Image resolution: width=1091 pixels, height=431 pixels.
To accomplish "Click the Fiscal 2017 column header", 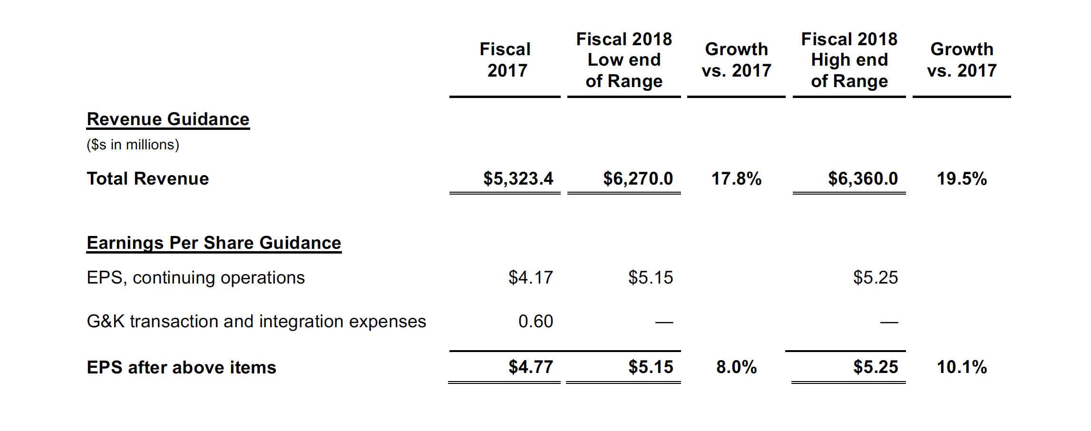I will tap(505, 60).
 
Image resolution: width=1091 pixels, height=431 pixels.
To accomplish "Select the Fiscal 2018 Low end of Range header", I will tap(624, 60).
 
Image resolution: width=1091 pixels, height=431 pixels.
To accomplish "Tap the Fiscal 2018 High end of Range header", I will tap(849, 60).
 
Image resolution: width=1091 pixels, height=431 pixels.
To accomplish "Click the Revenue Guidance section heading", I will tap(168, 119).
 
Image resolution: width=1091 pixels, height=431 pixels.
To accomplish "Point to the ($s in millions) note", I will tap(133, 145).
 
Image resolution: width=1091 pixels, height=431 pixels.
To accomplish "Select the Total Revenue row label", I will tap(147, 179).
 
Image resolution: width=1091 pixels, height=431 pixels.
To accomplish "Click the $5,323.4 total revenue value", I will tap(518, 179).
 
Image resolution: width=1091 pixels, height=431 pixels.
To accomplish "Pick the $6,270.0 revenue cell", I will tap(638, 179).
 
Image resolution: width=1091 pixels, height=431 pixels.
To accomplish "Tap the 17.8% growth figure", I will tap(736, 179).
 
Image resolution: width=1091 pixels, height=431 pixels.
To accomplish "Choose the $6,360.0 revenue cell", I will tap(863, 179).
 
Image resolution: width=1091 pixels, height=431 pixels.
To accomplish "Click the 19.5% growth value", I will tap(962, 179).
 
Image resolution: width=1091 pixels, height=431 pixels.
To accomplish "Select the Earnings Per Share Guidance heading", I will tap(214, 243).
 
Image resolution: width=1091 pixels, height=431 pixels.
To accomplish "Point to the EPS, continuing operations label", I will tap(195, 278).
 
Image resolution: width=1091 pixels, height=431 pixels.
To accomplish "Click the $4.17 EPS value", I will tap(530, 278).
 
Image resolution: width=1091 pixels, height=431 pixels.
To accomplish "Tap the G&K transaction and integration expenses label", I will tap(256, 322).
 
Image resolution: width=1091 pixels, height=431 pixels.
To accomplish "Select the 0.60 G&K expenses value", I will tap(536, 322).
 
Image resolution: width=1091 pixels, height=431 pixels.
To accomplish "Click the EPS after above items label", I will tap(181, 367).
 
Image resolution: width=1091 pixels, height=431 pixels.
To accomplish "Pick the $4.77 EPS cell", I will tap(530, 367).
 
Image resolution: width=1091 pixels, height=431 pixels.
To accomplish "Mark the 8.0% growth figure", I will tap(736, 367).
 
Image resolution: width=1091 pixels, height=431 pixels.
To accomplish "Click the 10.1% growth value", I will tap(962, 367).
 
